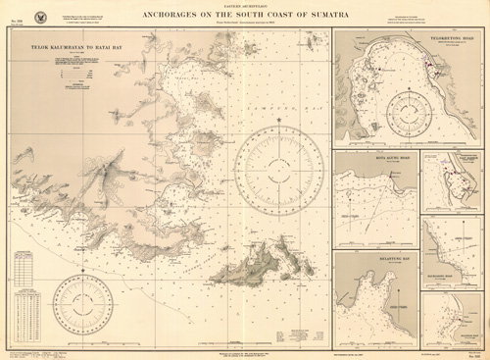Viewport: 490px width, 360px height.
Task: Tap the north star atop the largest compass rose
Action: pyautogui.click(x=280, y=121)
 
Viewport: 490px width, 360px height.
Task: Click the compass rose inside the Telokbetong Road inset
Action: pyautogui.click(x=409, y=113)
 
